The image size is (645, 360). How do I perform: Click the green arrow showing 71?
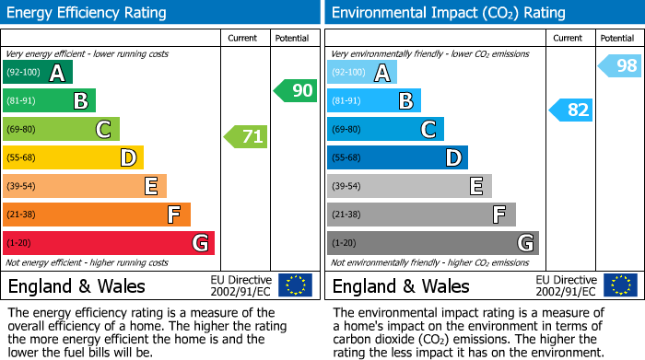click(x=246, y=137)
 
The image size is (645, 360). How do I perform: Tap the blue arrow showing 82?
click(x=570, y=110)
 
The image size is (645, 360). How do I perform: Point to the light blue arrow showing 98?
click(x=619, y=65)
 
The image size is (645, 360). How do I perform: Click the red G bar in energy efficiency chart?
click(x=109, y=243)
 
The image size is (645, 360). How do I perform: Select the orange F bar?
click(x=97, y=215)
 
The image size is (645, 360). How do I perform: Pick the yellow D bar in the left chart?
click(x=73, y=157)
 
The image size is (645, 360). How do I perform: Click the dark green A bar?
click(x=38, y=73)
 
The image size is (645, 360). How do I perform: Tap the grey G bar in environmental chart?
click(x=432, y=243)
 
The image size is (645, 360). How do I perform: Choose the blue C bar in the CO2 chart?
click(x=385, y=129)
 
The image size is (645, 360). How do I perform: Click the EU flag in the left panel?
click(x=295, y=285)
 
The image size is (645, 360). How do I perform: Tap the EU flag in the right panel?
click(x=619, y=285)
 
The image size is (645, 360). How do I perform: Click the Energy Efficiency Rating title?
click(x=88, y=13)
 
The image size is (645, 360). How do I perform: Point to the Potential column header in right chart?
click(x=616, y=38)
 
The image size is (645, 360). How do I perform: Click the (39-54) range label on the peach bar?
click(x=21, y=186)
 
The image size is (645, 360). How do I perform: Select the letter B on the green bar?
click(x=80, y=101)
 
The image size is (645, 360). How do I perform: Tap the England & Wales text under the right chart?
click(x=401, y=285)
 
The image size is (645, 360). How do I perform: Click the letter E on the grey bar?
click(x=476, y=186)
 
